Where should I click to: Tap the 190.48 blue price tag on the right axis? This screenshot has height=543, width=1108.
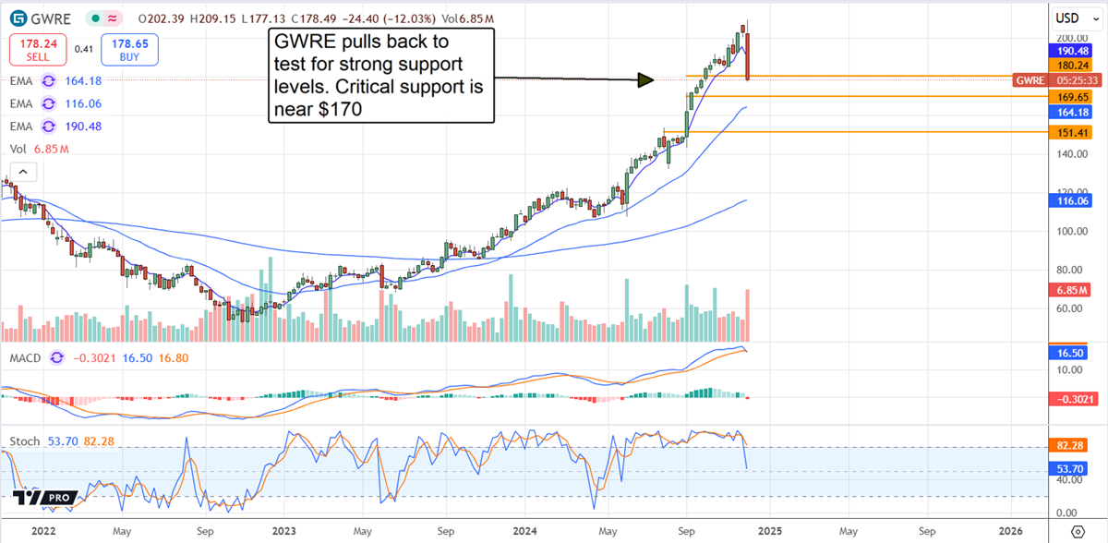pyautogui.click(x=1072, y=52)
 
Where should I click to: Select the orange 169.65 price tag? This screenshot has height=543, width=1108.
pyautogui.click(x=1072, y=96)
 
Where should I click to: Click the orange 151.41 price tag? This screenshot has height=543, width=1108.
pyautogui.click(x=1072, y=133)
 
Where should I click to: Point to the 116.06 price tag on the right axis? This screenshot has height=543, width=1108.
pyautogui.click(x=1072, y=199)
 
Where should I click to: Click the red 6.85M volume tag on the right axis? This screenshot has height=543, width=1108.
pyautogui.click(x=1072, y=290)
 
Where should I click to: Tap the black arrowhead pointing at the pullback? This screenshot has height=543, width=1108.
pyautogui.click(x=645, y=81)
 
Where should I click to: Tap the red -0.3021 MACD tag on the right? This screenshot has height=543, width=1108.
pyautogui.click(x=1072, y=399)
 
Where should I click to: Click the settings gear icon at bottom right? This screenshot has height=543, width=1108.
pyautogui.click(x=1076, y=531)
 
